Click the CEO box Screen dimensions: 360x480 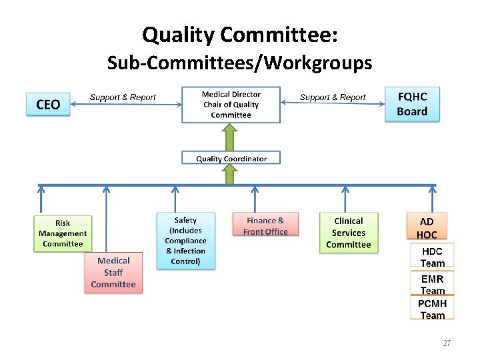(x=48, y=104)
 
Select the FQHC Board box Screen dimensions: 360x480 (x=412, y=104)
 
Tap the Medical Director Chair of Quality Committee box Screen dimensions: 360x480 (x=231, y=105)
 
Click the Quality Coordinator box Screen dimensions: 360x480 (x=231, y=158)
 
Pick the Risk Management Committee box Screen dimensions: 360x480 (x=62, y=233)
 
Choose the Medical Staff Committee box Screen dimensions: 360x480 (x=113, y=273)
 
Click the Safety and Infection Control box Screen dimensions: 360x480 (x=186, y=241)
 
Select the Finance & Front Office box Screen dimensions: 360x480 (x=265, y=225)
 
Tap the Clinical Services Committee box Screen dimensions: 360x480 (x=349, y=233)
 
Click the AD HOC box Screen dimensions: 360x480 (x=427, y=227)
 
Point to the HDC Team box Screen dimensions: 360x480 (x=432, y=256)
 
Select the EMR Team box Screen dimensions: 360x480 (x=432, y=283)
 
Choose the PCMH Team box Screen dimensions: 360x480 (x=432, y=309)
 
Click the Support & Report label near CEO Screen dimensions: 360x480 (x=123, y=97)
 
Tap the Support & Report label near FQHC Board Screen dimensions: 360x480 (x=333, y=97)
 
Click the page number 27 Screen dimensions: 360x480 (x=447, y=343)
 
